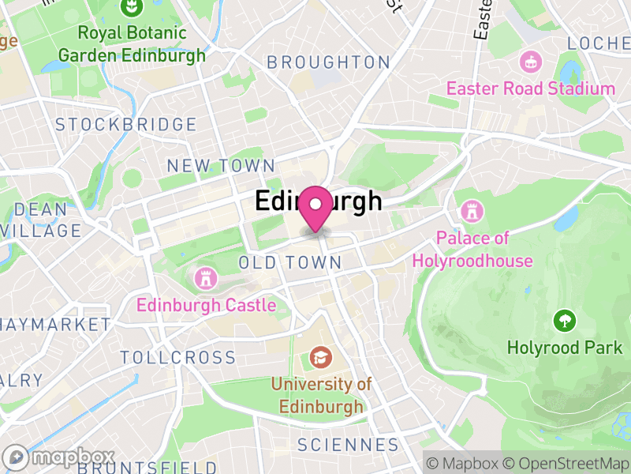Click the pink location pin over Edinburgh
click(316, 206)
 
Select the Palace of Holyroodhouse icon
click(471, 210)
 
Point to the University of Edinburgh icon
click(320, 357)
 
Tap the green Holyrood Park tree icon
click(564, 321)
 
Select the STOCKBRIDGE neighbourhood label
click(126, 125)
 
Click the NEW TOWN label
click(221, 166)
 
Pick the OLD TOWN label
click(290, 262)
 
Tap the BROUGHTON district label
click(328, 62)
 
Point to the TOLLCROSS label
click(178, 357)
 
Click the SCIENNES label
click(348, 446)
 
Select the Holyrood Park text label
click(565, 348)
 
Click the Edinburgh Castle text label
click(207, 305)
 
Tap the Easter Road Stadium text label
click(531, 88)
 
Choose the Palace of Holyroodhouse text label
click(472, 249)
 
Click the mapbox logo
click(60, 457)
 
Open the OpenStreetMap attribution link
click(566, 463)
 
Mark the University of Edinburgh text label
click(321, 395)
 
